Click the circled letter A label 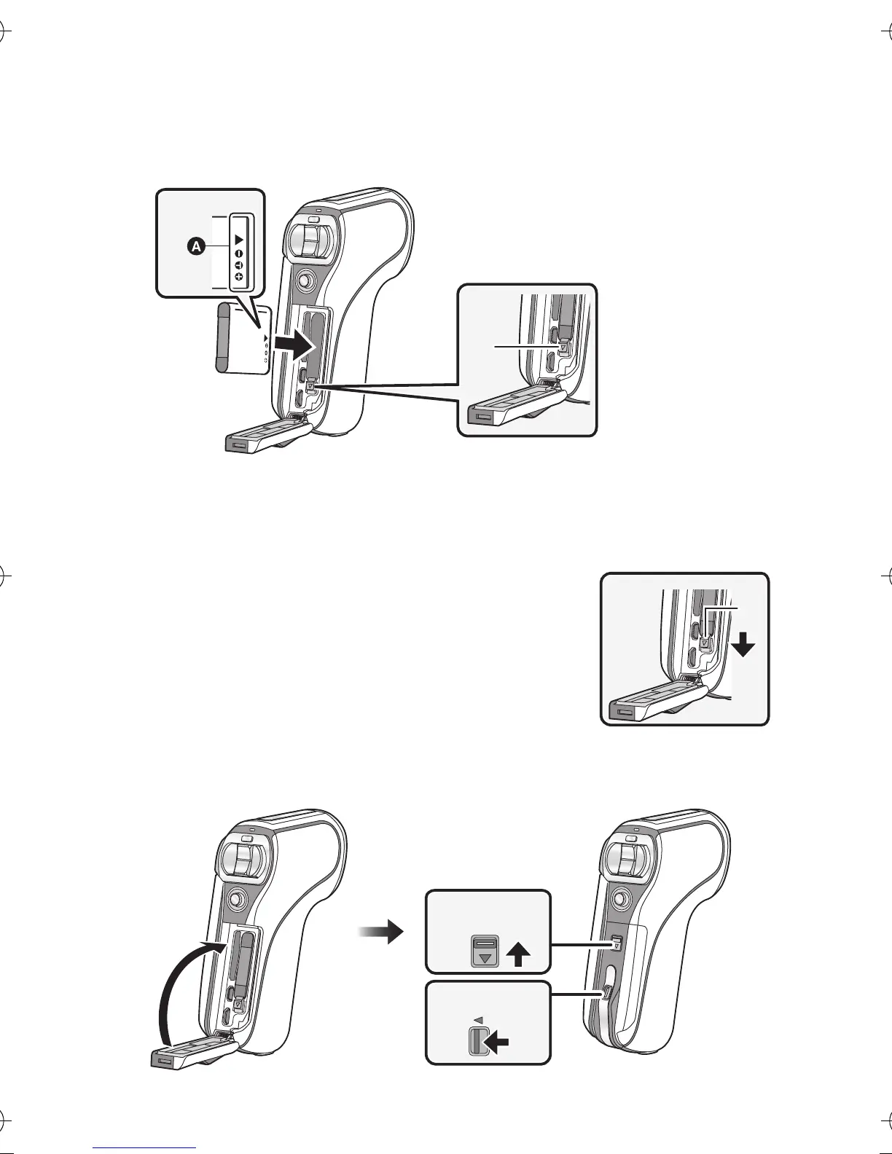(195, 248)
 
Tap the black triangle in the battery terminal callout (239, 238)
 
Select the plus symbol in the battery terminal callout (239, 278)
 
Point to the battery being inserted (244, 340)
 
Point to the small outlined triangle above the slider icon (478, 1018)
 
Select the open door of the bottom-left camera (192, 1051)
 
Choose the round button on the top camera (306, 279)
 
